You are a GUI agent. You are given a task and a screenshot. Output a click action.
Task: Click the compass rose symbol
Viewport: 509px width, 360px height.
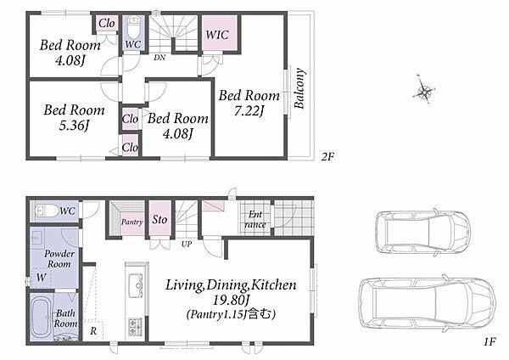(423, 90)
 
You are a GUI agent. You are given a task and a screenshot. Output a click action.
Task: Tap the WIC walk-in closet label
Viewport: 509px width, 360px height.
(217, 35)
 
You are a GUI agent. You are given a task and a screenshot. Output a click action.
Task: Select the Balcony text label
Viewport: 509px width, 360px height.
(299, 88)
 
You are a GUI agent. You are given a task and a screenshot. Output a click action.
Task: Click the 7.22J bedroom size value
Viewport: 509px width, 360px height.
(249, 111)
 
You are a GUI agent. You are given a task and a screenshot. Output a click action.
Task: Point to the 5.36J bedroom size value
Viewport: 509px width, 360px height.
(74, 126)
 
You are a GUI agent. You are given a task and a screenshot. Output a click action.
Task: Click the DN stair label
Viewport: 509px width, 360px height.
(159, 58)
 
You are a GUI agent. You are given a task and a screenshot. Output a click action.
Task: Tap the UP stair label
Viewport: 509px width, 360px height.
(187, 244)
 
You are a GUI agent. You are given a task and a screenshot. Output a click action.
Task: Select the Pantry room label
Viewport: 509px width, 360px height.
(131, 222)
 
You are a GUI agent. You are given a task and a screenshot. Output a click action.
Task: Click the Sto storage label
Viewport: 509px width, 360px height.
(159, 220)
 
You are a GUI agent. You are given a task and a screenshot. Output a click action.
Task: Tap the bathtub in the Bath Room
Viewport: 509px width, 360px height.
(42, 316)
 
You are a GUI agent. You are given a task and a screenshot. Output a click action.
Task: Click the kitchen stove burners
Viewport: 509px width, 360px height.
(135, 327)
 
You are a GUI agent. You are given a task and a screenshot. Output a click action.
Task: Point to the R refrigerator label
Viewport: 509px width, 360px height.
(93, 331)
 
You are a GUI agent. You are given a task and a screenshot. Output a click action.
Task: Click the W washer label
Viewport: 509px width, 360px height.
(42, 278)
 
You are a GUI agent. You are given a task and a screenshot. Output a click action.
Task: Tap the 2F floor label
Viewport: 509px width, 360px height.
(327, 157)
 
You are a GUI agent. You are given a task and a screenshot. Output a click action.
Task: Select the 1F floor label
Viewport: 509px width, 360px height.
(490, 341)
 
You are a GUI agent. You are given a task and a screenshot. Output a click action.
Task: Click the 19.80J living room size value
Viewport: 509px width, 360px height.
(231, 301)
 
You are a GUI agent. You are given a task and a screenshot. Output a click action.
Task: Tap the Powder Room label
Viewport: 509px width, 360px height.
(59, 259)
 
